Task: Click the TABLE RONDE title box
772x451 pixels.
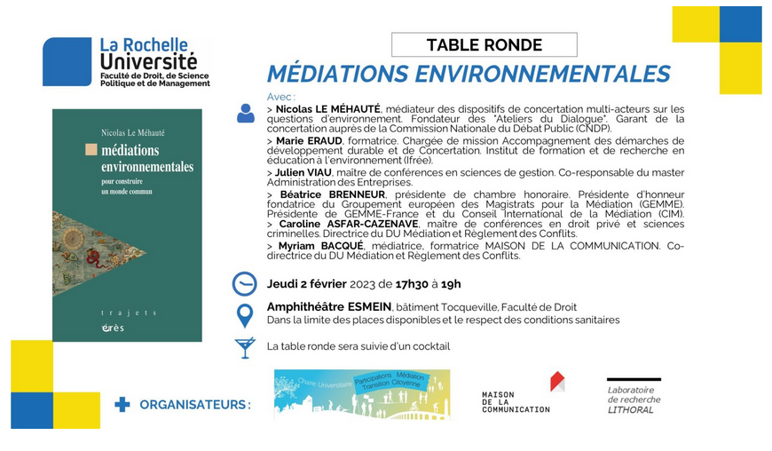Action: pos(484,44)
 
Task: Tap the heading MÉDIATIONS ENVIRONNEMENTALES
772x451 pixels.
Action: pos(469,73)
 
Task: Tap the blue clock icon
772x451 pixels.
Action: pos(244,283)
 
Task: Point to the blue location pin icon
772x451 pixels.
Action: pos(244,315)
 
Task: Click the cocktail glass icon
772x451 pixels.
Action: pos(245,346)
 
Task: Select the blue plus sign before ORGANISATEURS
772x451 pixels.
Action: pos(122,405)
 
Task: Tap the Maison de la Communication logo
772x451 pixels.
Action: pos(523,393)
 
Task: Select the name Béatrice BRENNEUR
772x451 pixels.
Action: pos(334,194)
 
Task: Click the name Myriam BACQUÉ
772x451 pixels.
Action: pos(319,246)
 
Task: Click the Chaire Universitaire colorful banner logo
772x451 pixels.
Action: pos(361,394)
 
